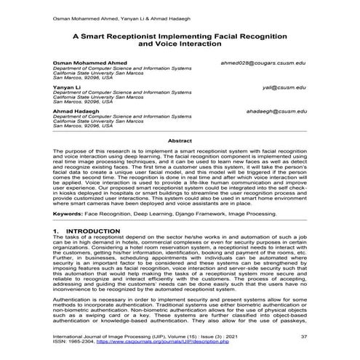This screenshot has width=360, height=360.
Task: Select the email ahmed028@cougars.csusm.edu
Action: pos(263,64)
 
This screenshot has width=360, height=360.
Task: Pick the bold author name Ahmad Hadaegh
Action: pos(76,110)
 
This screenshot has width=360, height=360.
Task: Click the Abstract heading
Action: pos(180,140)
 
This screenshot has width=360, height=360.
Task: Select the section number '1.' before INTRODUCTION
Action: pos(57,231)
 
